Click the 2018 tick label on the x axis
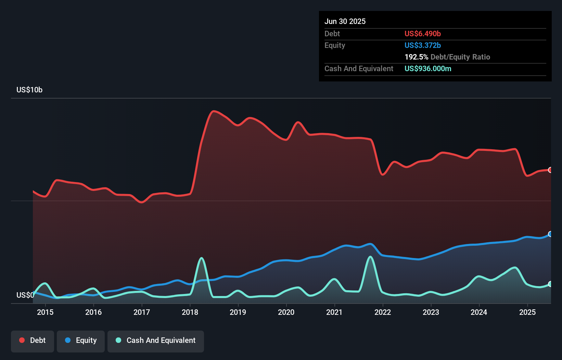[190, 312]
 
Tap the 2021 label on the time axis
[334, 312]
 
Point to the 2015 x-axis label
[45, 312]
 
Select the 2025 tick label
[527, 312]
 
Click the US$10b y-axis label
[29, 90]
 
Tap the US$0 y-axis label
[25, 295]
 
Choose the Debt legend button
[33, 340]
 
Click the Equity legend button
[81, 340]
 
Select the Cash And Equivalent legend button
[156, 340]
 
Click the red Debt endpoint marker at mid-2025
[550, 170]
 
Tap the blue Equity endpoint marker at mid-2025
[550, 234]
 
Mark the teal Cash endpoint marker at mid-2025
[550, 284]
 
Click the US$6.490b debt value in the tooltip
[422, 34]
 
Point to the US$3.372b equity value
[422, 46]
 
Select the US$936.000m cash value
[428, 69]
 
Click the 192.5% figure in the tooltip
[416, 57]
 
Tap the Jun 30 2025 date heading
[345, 22]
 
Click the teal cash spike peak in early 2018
[202, 258]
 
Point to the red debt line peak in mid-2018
[214, 111]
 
